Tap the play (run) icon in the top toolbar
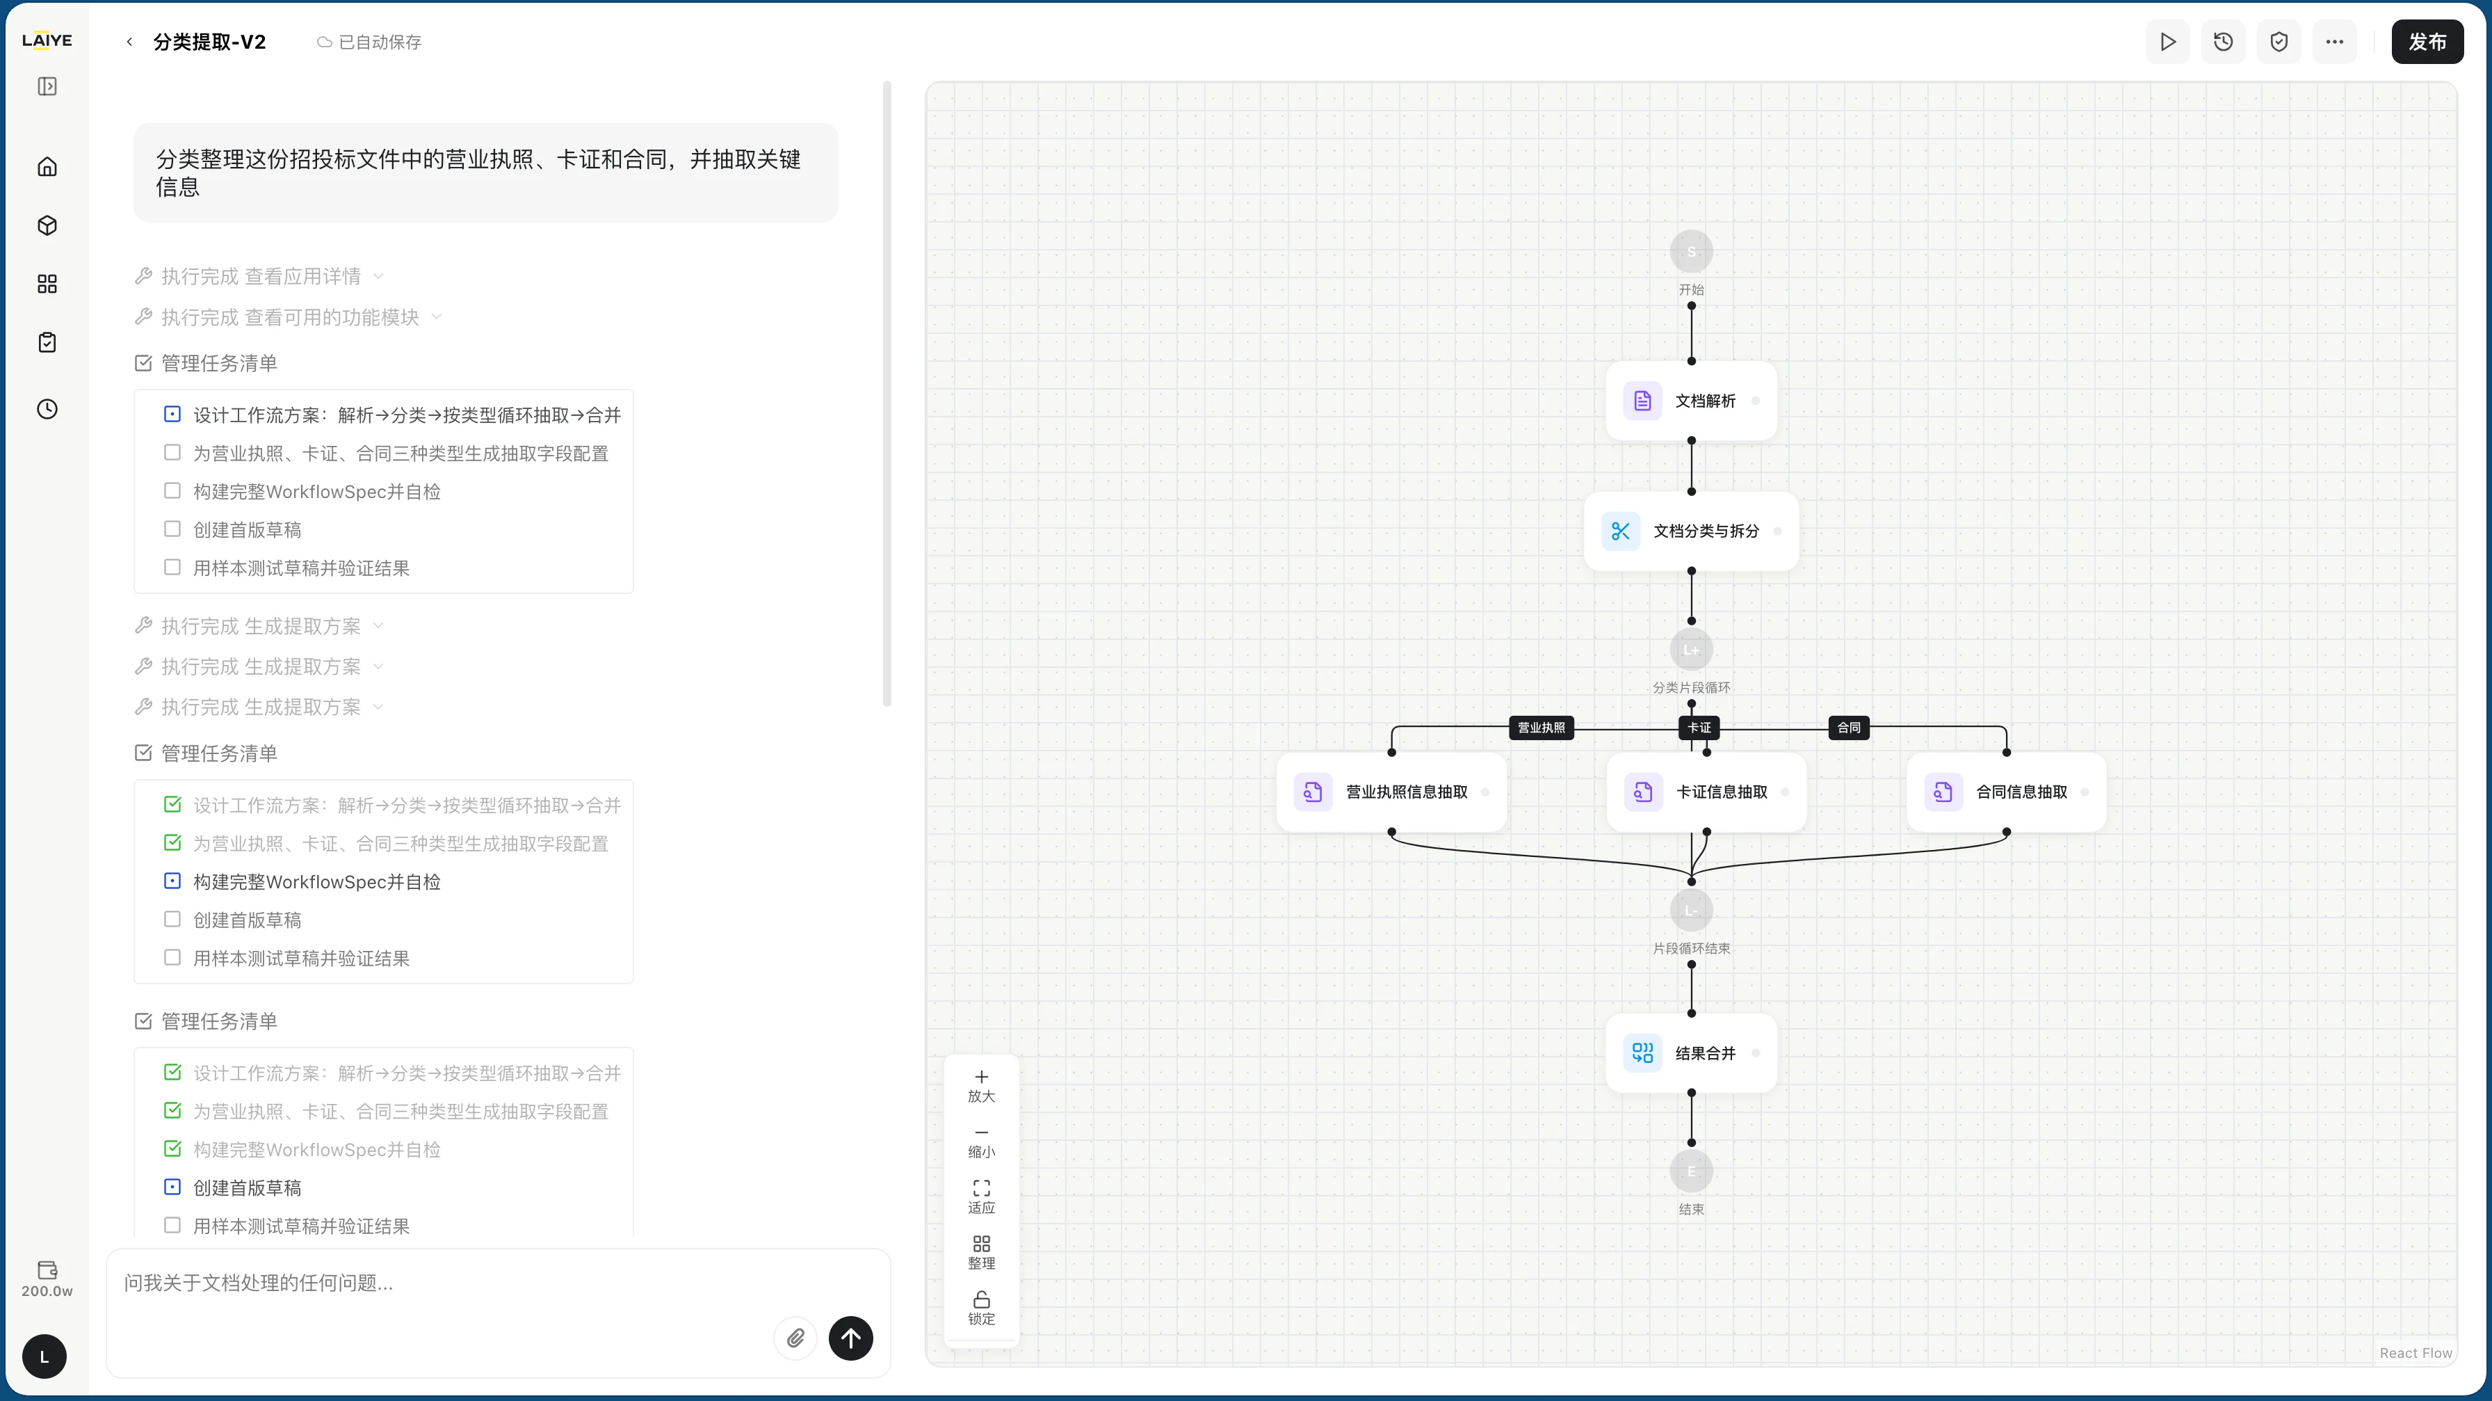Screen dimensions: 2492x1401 (x=2168, y=42)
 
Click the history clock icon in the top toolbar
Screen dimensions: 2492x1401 (x=2223, y=42)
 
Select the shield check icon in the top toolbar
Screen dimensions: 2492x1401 (x=2279, y=42)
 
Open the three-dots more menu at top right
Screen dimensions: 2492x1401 (x=2334, y=42)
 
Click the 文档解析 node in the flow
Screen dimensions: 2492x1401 (x=1691, y=401)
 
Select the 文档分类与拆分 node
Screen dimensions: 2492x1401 (x=1691, y=531)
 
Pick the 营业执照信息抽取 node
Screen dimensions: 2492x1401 (x=1391, y=792)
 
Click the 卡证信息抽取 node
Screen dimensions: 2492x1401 (x=1706, y=792)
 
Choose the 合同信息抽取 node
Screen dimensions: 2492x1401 (x=2007, y=792)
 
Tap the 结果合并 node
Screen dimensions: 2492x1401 (x=1691, y=1052)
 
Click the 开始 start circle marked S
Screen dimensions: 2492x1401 (x=1691, y=252)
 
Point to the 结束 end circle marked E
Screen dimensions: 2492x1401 (x=1691, y=1171)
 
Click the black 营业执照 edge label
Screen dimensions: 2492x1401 (x=1541, y=728)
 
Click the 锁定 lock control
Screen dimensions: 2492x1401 (x=981, y=1307)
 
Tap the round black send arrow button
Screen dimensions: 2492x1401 (x=850, y=1338)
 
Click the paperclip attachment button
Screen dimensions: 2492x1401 (x=795, y=1338)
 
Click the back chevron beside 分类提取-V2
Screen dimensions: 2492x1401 (x=129, y=42)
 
